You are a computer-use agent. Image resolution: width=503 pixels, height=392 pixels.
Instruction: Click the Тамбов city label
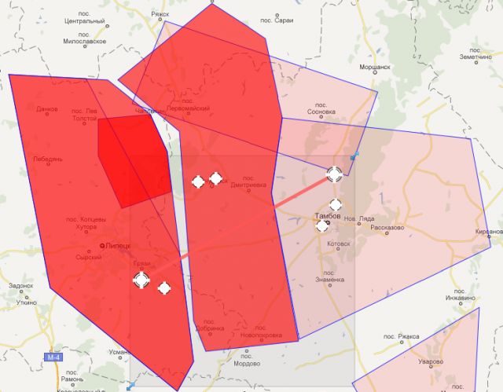[x=327, y=215]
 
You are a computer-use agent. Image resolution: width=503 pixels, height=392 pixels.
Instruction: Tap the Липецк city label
[x=118, y=247]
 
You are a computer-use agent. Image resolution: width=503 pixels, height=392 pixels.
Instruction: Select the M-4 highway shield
[x=53, y=357]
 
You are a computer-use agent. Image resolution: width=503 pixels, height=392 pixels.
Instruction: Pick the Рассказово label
[x=386, y=228]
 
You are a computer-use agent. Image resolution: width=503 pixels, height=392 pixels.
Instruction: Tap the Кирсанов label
[x=488, y=232]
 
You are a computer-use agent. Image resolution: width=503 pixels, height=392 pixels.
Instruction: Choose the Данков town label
[x=47, y=108]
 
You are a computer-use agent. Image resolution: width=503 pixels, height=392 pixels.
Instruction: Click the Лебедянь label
[x=47, y=159]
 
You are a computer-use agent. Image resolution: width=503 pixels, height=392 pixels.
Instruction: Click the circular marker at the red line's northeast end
[x=334, y=174]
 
